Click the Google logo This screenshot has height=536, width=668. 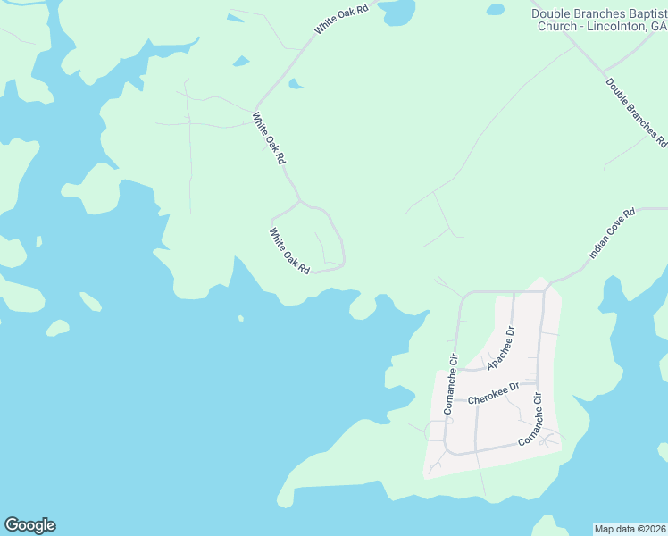coord(29,525)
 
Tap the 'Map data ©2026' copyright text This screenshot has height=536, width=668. coord(630,529)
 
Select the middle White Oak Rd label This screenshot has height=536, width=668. coord(269,138)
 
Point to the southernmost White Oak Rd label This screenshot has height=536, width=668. coord(289,250)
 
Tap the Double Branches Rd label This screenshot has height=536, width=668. coord(636,112)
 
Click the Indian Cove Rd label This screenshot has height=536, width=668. coord(612,234)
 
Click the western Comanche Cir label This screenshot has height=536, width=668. coord(449,383)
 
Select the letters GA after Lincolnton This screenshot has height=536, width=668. coord(658,26)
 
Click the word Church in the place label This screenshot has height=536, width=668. coord(555,26)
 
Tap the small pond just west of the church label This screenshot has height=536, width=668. coord(496,11)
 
